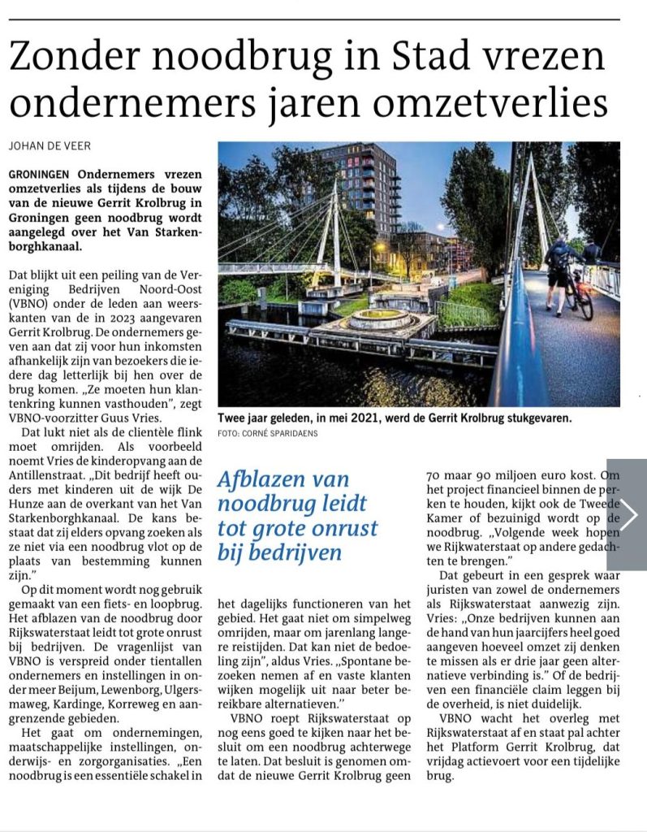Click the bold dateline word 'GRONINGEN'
41,175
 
